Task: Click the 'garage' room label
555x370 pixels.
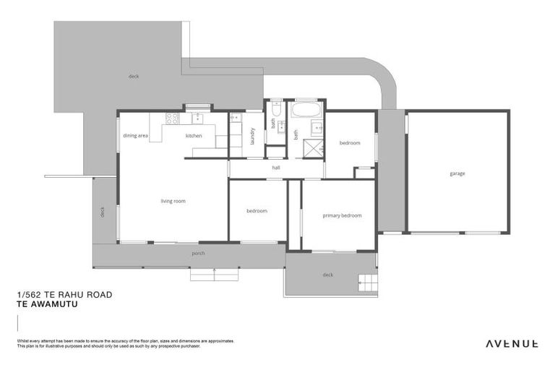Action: pos(457,173)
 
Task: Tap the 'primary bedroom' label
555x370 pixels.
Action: pos(342,215)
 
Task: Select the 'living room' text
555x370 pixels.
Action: pos(173,201)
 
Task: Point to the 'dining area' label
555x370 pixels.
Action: pos(135,136)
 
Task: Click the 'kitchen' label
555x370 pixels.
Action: pos(194,136)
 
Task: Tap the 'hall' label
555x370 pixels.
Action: pos(275,168)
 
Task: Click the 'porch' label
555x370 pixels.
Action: pos(198,254)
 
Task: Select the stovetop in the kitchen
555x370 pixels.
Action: pos(173,119)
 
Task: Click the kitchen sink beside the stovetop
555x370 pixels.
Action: pos(197,119)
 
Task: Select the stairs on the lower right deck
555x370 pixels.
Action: pos(367,283)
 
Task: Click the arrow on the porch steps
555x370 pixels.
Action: pos(214,274)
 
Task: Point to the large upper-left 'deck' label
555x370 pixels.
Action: pos(133,76)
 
